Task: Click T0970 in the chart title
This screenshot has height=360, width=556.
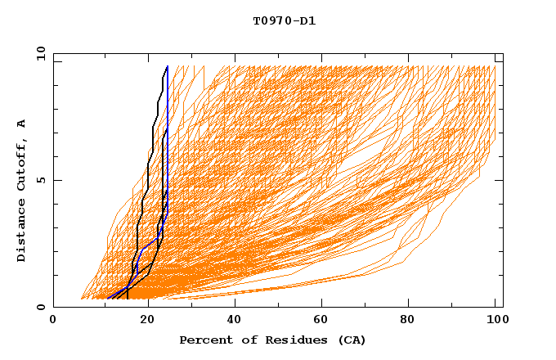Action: (271, 21)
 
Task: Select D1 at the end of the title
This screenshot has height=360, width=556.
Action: (306, 21)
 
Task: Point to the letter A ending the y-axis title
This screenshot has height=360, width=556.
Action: (21, 124)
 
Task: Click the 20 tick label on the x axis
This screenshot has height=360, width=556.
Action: (146, 320)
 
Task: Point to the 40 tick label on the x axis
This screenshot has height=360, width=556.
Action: (235, 320)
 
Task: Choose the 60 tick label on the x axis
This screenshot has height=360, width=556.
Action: (323, 320)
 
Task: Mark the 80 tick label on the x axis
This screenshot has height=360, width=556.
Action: (411, 320)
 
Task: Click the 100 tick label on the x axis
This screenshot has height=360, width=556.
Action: (496, 320)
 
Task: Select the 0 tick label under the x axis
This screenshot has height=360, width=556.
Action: (53, 320)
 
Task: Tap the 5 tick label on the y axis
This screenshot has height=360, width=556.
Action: (41, 180)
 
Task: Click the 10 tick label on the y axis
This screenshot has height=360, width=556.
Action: (38, 53)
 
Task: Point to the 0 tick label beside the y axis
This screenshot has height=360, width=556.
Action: (41, 307)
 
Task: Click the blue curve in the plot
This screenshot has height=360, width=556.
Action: (167, 147)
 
